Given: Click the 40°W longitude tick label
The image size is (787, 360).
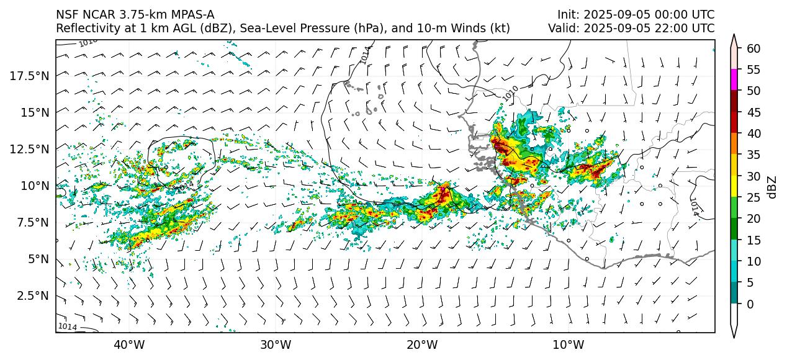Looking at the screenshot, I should click(x=129, y=344).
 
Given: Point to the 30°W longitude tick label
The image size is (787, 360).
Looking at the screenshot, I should click(x=276, y=344).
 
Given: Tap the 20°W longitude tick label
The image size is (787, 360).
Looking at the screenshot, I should click(x=422, y=344).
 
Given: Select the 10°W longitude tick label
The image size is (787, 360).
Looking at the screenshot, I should click(x=569, y=344).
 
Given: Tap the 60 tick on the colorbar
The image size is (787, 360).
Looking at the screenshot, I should click(x=753, y=48).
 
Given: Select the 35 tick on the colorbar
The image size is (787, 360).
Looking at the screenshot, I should click(x=753, y=155).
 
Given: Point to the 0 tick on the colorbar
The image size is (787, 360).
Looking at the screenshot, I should click(x=750, y=304).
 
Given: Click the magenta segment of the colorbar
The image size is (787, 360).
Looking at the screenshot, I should click(x=734, y=80).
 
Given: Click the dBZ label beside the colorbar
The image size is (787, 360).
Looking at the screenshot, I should click(x=772, y=186).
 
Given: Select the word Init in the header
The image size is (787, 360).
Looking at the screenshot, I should click(x=567, y=15).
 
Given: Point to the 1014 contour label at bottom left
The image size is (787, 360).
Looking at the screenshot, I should click(x=67, y=326).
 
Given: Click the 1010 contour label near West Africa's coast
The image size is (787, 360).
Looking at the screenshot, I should click(x=510, y=93).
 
